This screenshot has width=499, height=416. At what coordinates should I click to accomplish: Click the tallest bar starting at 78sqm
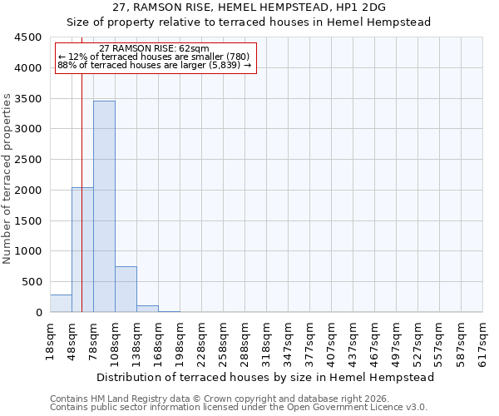point(104,206)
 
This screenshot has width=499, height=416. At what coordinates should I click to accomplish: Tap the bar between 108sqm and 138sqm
point(126,289)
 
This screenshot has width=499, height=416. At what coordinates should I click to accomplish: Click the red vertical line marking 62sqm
point(82,166)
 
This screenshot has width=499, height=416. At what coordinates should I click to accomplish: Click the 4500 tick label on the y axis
point(28,37)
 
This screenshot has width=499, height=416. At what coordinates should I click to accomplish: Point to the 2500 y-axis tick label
point(28,160)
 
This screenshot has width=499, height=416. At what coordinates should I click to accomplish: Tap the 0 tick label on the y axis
point(38,313)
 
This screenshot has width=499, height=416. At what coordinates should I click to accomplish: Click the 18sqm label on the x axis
point(50,339)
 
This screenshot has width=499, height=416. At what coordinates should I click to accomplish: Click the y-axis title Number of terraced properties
point(7,179)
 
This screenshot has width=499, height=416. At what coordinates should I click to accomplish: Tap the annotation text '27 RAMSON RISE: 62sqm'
point(154,49)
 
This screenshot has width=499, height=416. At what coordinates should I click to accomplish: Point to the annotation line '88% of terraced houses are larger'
point(154,65)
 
